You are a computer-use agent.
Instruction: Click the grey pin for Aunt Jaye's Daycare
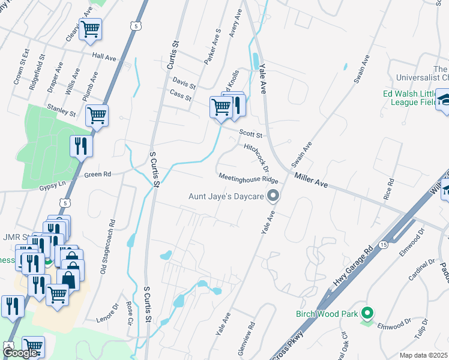click(273, 196)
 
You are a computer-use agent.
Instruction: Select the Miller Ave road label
click(310, 180)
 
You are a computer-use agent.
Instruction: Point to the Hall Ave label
click(104, 56)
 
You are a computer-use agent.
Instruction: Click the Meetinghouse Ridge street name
click(248, 179)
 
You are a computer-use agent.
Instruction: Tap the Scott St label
click(251, 135)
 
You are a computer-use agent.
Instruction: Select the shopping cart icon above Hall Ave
click(90, 28)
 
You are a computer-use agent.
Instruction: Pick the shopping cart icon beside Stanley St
click(97, 114)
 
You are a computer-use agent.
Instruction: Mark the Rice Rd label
click(390, 189)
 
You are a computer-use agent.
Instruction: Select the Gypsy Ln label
click(51, 187)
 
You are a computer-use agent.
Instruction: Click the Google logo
click(20, 353)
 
